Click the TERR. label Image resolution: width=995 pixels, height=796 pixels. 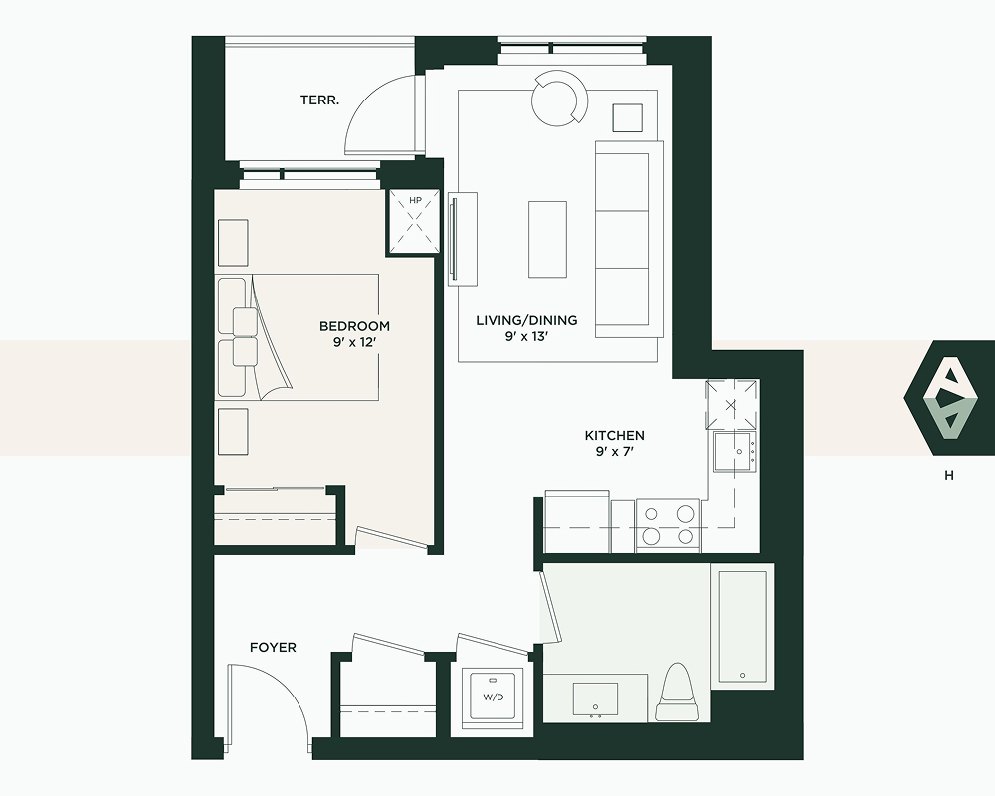point(319,99)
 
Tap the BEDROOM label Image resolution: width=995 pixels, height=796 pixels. point(355,326)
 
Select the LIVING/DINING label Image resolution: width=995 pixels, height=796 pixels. point(526,320)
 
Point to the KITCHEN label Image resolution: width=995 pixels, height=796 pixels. point(614,436)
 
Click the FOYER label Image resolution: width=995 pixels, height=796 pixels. point(273,648)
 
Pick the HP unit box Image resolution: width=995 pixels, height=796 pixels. point(414,221)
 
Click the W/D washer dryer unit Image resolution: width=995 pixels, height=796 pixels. point(494,696)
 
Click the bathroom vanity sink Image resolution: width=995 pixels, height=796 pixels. point(595,698)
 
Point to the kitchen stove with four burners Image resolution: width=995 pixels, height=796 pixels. point(668,525)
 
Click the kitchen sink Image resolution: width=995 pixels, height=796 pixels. point(735,452)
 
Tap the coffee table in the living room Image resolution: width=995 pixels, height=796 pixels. point(547,240)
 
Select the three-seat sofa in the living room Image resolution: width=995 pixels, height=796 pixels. point(628,240)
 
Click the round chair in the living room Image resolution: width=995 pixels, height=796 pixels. point(559,99)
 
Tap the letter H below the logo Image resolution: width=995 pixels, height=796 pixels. point(949,475)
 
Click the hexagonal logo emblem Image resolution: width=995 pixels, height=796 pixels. point(949,398)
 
